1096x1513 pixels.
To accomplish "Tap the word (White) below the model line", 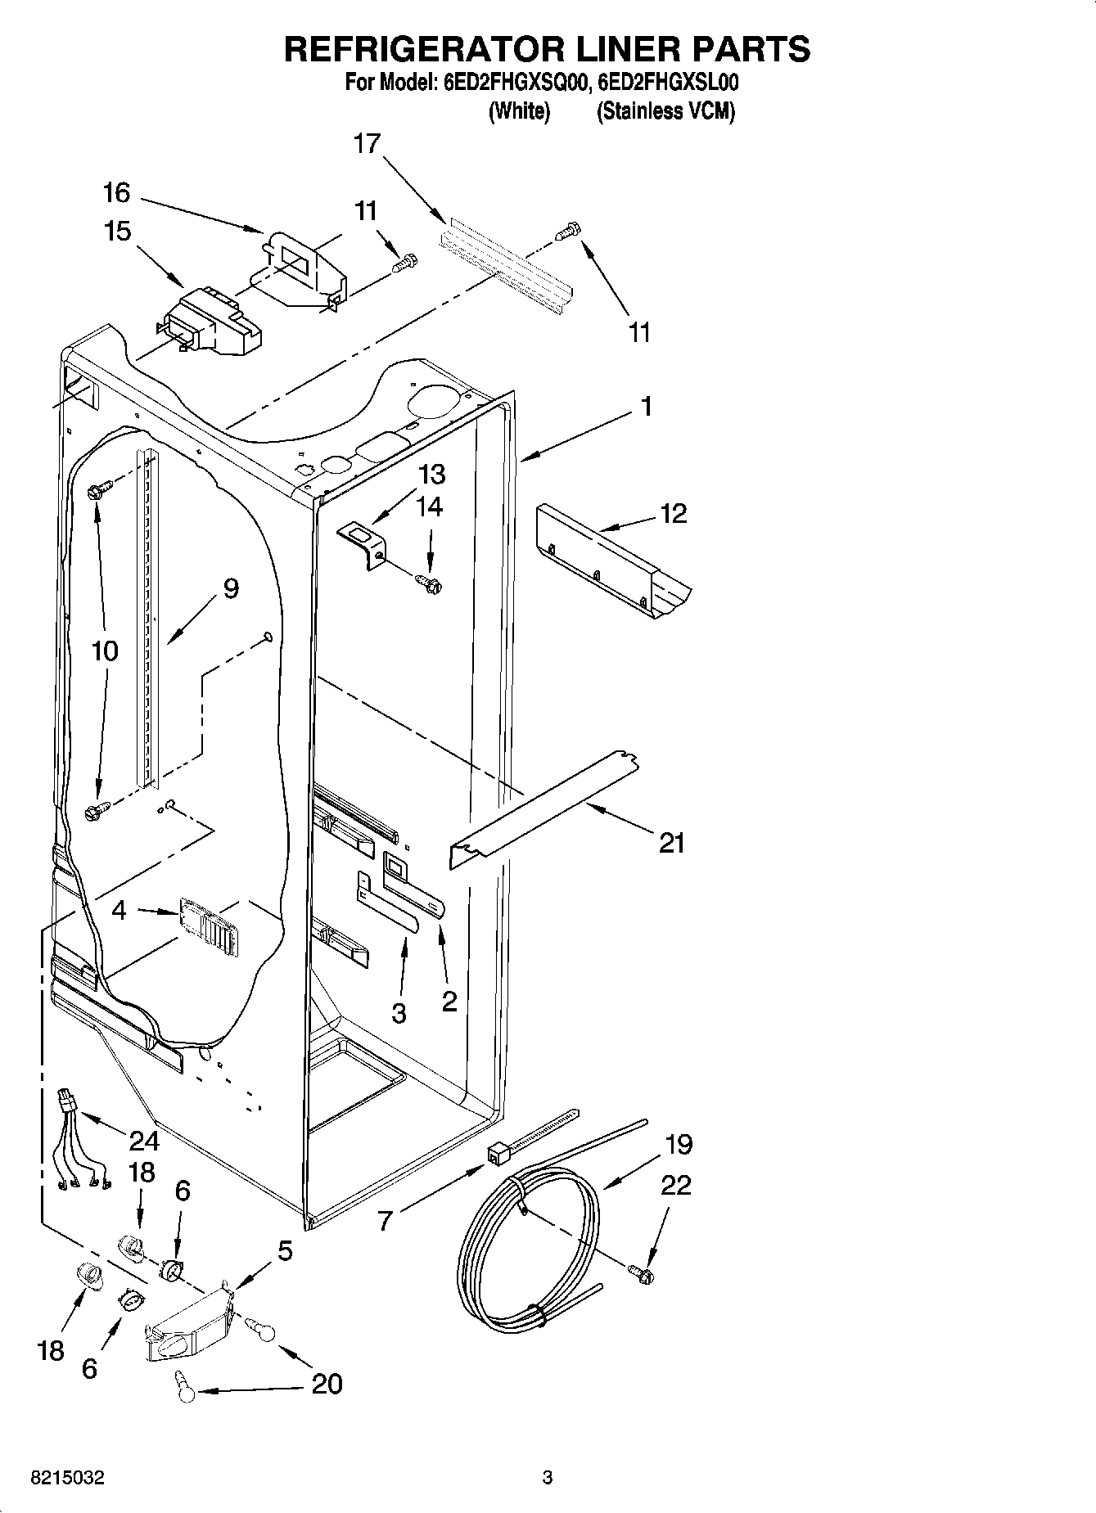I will click(519, 111).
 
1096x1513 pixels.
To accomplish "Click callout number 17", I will click(367, 144).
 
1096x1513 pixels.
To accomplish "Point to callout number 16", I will click(116, 193).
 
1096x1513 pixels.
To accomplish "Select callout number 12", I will click(673, 513).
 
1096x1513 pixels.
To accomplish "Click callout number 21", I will click(671, 842).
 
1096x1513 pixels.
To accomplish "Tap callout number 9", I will click(231, 588).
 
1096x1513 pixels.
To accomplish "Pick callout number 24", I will click(144, 1140).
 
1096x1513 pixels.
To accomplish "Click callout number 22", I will click(676, 1184).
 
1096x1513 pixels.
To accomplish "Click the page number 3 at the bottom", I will click(548, 1478).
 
